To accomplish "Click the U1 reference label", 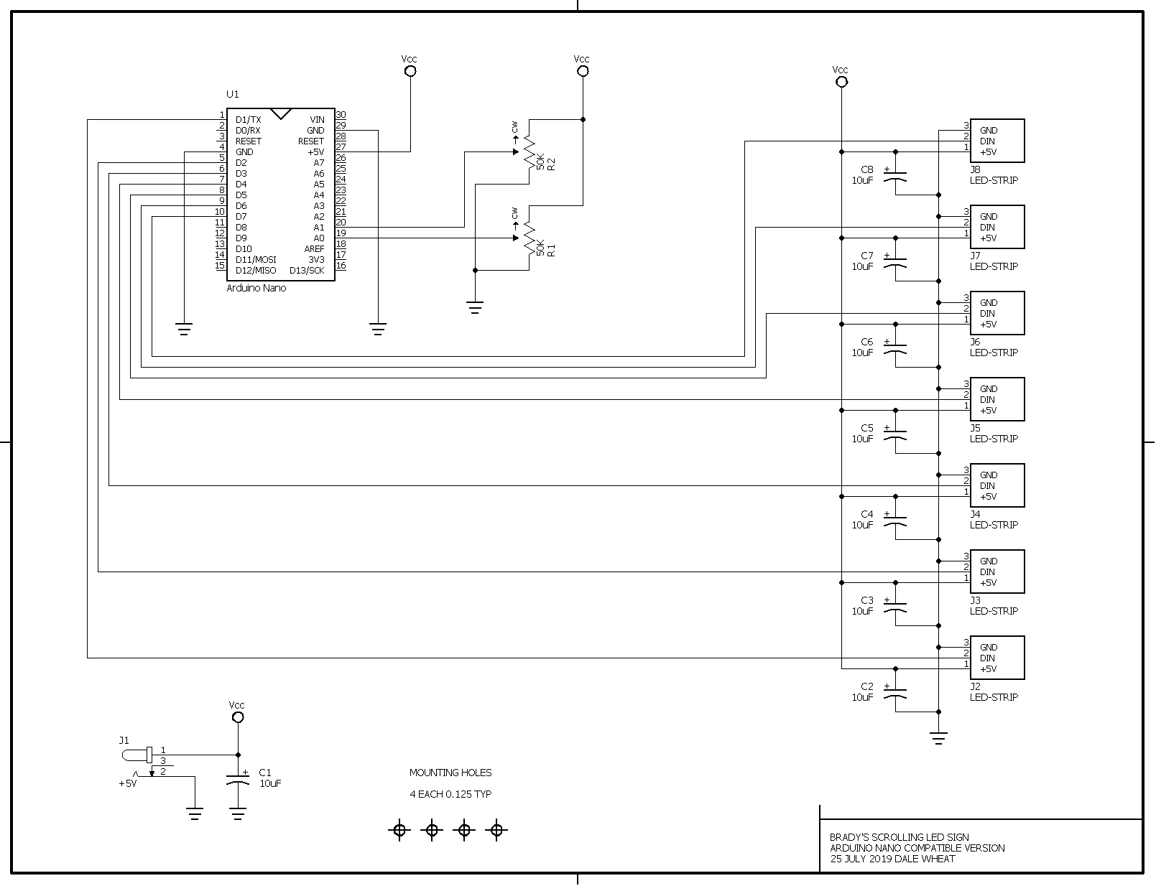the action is pyautogui.click(x=233, y=94).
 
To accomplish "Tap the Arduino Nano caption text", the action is pyautogui.click(x=256, y=288).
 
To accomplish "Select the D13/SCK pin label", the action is pyautogui.click(x=307, y=271).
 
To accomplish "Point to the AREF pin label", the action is pyautogui.click(x=315, y=248).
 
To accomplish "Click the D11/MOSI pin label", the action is pyautogui.click(x=256, y=259).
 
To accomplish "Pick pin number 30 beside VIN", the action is pyautogui.click(x=341, y=115).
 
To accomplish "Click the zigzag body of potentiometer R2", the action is pyautogui.click(x=530, y=152).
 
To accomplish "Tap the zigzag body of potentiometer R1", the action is pyautogui.click(x=530, y=238).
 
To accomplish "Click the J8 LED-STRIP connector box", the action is pyautogui.click(x=997, y=141).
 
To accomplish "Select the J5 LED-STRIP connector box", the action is pyautogui.click(x=997, y=399).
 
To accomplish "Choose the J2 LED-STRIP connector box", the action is pyautogui.click(x=997, y=658).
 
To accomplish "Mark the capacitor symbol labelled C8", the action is pyautogui.click(x=895, y=176).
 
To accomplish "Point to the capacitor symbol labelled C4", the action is pyautogui.click(x=895, y=521).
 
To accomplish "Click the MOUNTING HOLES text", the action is pyautogui.click(x=450, y=773).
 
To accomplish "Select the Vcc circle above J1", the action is pyautogui.click(x=239, y=717).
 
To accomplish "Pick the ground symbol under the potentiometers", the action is pyautogui.click(x=475, y=308).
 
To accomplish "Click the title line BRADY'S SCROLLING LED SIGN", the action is pyautogui.click(x=899, y=837).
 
